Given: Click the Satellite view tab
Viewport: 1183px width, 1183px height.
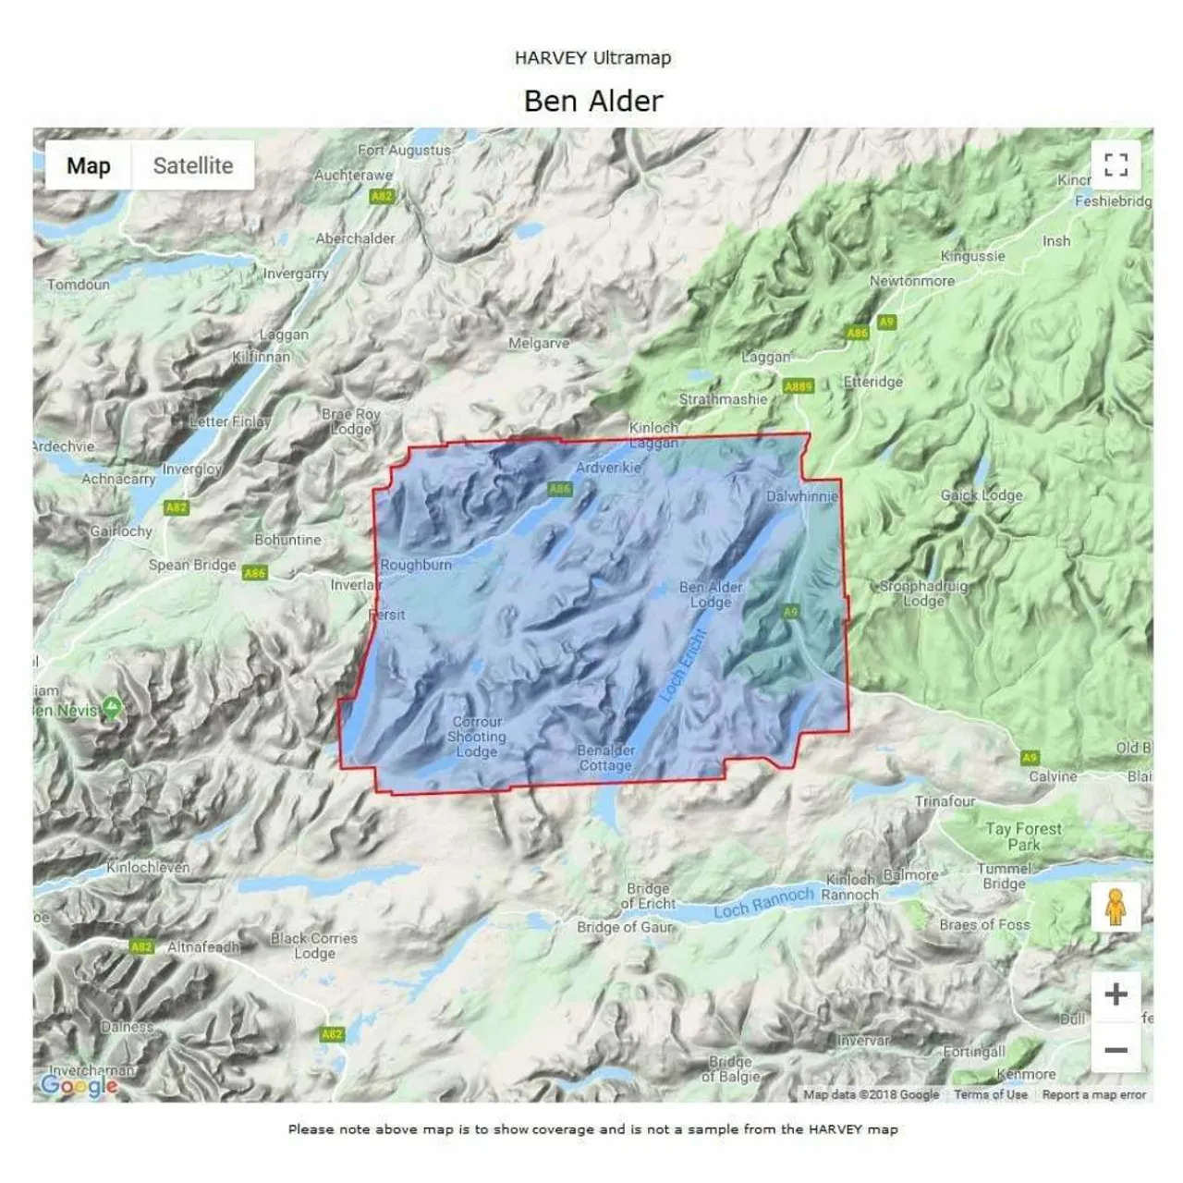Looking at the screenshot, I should pos(192,165).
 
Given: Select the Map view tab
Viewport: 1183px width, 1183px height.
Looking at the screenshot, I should pos(89,165).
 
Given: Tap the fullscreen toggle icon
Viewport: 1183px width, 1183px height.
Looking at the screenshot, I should pos(1116,165).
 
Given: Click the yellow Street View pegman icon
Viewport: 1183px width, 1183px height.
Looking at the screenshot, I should pos(1116,907).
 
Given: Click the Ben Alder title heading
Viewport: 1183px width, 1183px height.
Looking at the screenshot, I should pos(592,101).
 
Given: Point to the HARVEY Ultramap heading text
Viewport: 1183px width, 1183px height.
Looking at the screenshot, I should pos(592,57).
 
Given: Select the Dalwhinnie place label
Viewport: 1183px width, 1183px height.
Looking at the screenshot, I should pos(801,496).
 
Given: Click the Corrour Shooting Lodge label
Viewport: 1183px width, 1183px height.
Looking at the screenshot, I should pos(477,737).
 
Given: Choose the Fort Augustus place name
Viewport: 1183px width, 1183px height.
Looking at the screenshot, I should pos(404,150).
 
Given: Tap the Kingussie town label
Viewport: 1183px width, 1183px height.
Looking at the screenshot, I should pos(972,256).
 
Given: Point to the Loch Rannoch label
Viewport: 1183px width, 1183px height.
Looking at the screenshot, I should pos(763,902).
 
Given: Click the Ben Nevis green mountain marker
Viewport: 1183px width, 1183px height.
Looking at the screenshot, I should pos(112,709).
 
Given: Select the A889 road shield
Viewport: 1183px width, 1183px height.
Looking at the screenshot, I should pos(797,386).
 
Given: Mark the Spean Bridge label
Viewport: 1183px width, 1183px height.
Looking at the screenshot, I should pos(192,565).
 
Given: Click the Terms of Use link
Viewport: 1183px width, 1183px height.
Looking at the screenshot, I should pos(990,1094).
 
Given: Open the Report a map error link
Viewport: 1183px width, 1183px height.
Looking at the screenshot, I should pos(1093,1094).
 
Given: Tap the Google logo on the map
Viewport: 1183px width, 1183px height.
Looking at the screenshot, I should pos(78,1085).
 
